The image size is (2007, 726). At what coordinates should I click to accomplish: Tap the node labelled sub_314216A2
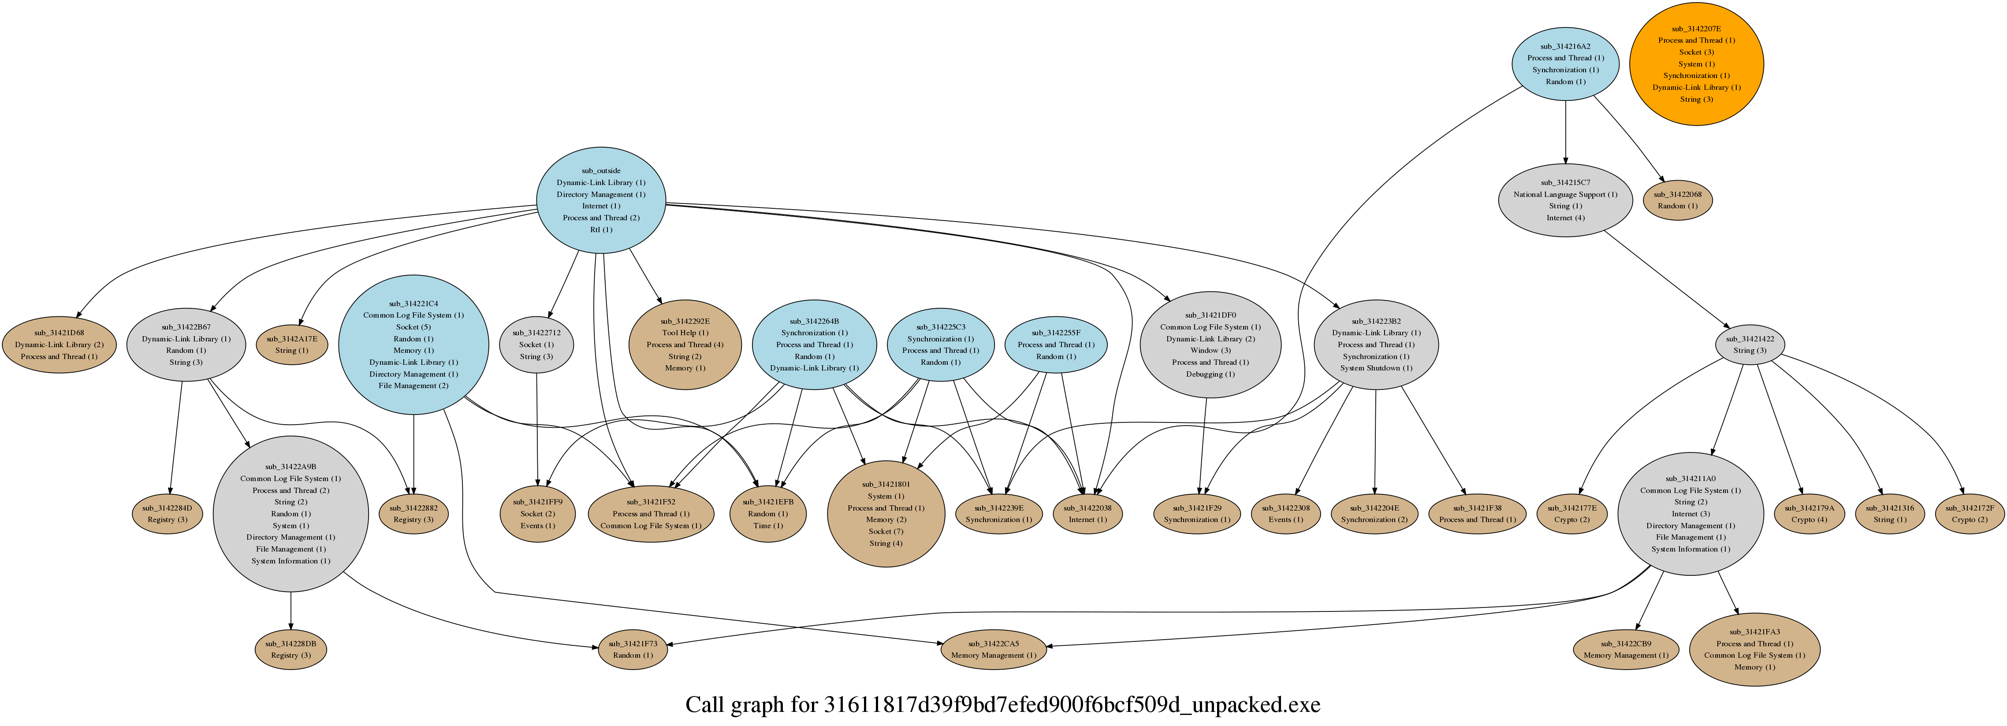click(1565, 64)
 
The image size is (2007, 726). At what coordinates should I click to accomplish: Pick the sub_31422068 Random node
click(1677, 200)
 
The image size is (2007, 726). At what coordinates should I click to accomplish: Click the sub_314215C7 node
click(1565, 200)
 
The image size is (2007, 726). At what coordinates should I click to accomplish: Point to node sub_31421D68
click(59, 344)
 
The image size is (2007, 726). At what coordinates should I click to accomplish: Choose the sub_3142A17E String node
click(291, 344)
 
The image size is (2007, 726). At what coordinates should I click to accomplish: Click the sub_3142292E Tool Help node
click(685, 344)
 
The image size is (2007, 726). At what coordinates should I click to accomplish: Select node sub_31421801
click(886, 513)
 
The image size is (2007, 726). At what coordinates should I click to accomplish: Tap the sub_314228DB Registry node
click(290, 649)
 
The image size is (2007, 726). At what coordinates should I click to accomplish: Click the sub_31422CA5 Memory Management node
click(994, 649)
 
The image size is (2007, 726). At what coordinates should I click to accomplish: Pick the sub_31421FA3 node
click(1754, 649)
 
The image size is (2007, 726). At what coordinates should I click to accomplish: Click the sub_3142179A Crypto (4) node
click(1809, 513)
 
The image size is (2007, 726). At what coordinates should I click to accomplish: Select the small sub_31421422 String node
click(1750, 344)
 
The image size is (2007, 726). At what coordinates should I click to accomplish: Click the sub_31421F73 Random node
click(633, 649)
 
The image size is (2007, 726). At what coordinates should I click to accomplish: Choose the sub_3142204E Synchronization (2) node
click(1374, 513)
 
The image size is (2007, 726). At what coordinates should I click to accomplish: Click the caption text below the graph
click(1003, 705)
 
